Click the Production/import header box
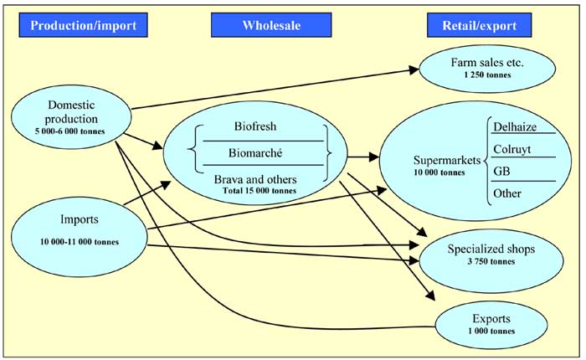83,25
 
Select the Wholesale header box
266,25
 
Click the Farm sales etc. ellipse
486,69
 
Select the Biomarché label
256,154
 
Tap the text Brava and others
256,179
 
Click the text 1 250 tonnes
486,75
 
